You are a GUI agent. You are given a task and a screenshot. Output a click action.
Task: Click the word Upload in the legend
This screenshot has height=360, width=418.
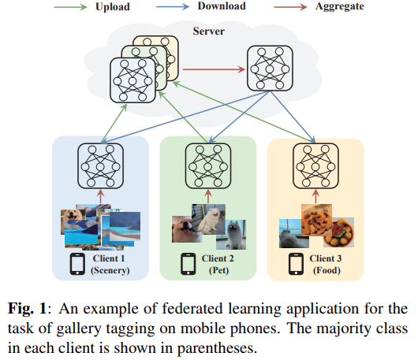coord(113,7)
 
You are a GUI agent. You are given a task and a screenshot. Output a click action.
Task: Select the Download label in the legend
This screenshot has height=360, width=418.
coord(222,6)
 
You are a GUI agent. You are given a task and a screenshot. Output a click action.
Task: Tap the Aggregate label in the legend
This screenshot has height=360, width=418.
coord(340,6)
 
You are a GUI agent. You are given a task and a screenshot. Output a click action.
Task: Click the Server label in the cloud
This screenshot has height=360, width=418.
coord(209,32)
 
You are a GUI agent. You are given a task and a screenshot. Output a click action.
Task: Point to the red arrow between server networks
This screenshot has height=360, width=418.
coord(214,69)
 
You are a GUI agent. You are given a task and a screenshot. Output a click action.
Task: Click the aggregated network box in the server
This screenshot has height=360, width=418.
coord(270,69)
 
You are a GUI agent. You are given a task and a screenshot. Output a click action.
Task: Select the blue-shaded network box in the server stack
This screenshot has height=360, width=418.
coord(132,80)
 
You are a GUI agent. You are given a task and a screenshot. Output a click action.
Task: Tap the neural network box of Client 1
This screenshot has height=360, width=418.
coord(100,166)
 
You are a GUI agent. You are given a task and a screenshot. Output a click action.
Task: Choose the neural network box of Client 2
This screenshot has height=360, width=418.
coord(208,166)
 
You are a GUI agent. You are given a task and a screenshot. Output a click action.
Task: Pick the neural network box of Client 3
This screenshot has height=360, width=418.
coord(316,166)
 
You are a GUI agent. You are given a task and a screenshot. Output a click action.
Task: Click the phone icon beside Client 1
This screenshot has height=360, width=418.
coord(77,264)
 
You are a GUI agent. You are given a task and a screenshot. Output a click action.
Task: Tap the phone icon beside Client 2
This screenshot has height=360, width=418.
coord(188,264)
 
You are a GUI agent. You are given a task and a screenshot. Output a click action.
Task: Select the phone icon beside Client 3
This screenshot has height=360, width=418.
coord(296,264)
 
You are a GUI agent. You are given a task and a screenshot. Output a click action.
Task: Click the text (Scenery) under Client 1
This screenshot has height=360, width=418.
coord(110,270)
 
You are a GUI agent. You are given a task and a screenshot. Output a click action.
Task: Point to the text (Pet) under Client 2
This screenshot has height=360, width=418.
coord(219,270)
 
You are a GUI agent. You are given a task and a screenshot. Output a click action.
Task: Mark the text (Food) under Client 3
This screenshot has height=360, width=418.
coord(327,270)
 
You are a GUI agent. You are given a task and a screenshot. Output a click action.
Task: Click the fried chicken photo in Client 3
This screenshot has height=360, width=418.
coord(317,220)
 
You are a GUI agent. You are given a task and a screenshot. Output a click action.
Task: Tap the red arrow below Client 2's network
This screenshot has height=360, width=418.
coord(208,196)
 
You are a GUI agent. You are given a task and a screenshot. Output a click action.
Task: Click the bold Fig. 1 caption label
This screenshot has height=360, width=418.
coord(27,309)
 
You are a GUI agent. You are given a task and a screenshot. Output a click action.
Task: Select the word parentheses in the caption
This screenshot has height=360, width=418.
coord(217,348)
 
